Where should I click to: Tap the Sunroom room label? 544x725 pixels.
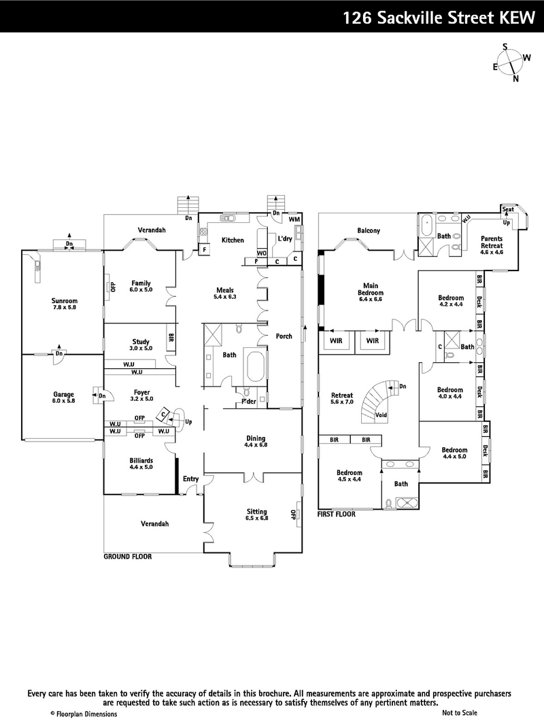point(64,304)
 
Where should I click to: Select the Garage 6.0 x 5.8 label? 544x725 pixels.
point(64,397)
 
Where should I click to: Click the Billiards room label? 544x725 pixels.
point(141,463)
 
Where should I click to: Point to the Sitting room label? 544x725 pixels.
point(256,514)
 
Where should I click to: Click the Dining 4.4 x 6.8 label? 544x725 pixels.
point(256,442)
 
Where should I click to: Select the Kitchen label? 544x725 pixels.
point(233,241)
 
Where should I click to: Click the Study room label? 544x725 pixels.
point(141,345)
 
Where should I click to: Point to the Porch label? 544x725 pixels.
point(284,336)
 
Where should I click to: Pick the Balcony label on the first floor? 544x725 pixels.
point(369,230)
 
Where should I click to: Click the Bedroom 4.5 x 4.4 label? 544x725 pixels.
point(350,476)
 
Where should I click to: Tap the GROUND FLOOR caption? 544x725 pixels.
point(127,556)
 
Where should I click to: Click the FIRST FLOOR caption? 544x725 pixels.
point(337,515)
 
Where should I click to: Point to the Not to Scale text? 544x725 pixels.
point(459,713)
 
